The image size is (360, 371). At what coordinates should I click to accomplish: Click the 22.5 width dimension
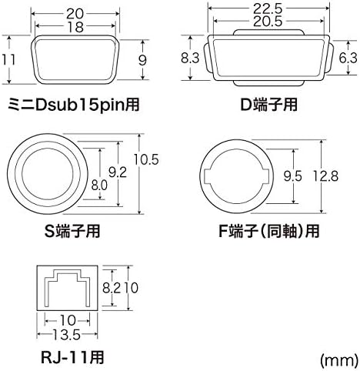click(x=268, y=9)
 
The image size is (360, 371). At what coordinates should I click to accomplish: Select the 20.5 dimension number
click(x=268, y=21)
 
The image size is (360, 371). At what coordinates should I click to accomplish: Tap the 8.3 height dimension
click(x=190, y=58)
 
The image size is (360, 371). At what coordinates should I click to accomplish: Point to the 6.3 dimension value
click(x=348, y=58)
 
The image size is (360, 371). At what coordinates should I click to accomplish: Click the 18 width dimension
click(x=75, y=27)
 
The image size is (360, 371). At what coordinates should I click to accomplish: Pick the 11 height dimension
click(x=8, y=59)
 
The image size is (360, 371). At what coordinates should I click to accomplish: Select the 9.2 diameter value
click(x=118, y=172)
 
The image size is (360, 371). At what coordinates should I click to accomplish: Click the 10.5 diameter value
click(x=146, y=159)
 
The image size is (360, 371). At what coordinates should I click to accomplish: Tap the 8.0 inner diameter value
click(x=99, y=185)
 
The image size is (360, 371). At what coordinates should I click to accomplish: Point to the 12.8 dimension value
click(x=325, y=176)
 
